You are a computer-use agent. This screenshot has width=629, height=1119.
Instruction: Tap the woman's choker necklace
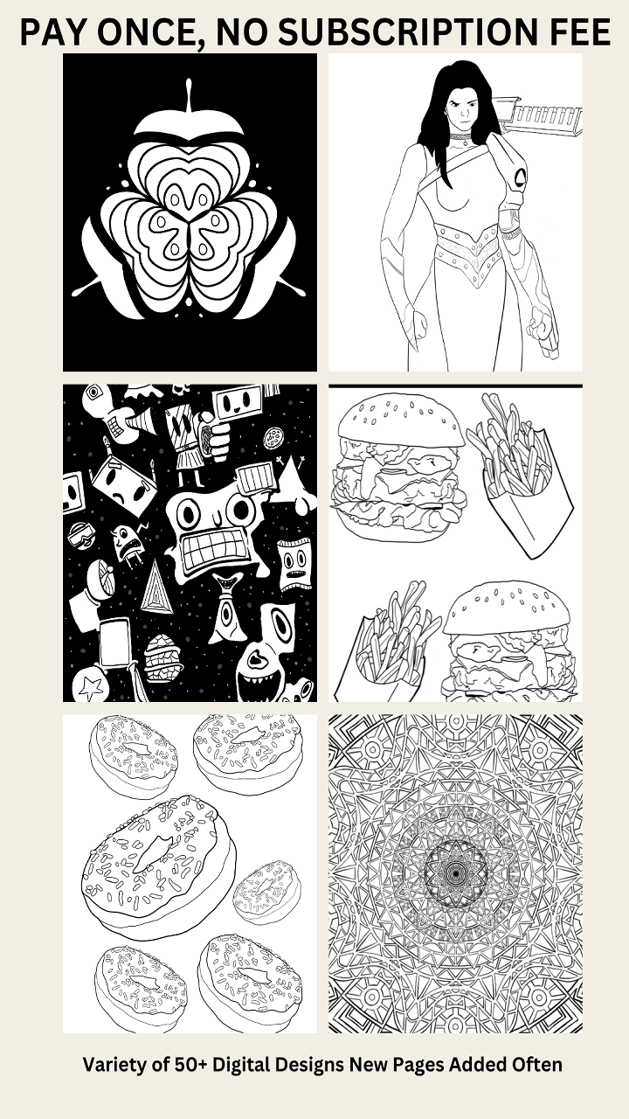point(460,137)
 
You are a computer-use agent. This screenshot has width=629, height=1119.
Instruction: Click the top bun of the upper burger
point(401,420)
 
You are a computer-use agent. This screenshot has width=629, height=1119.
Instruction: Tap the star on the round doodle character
point(91,689)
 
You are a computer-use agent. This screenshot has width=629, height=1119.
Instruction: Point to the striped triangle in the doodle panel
point(156,588)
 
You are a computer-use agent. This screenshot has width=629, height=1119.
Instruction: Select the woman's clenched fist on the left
point(417,326)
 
